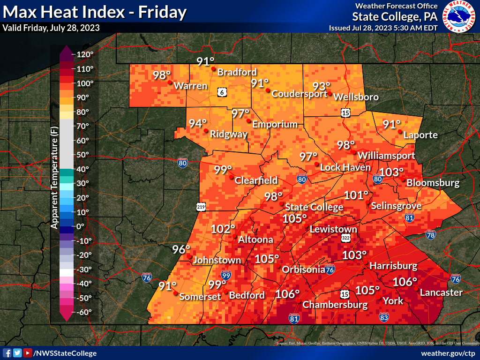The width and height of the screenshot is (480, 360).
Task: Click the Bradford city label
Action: coord(237,72)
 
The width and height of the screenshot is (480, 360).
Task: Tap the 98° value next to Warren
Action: coord(162,75)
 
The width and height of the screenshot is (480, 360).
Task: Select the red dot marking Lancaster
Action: coord(415,289)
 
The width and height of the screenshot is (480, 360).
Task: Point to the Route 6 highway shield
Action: coord(221,92)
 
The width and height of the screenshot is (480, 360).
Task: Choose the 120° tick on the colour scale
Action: coord(85,54)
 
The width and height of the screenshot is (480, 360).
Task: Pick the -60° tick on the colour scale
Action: coord(85,312)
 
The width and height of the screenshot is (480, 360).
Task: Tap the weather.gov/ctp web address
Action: coord(448,353)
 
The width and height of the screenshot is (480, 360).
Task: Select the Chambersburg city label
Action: coord(335,305)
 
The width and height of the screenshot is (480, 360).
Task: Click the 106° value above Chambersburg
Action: coord(287,294)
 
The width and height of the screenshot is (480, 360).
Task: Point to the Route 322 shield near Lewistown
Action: coord(346,239)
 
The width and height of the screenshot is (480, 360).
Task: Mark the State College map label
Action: coord(314,207)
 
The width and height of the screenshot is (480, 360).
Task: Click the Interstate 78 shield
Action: coord(431,235)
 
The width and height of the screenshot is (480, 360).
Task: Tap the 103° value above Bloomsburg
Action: coord(391,172)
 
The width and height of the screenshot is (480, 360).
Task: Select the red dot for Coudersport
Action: coord(268,90)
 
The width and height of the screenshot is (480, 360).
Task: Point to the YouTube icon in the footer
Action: coord(28,353)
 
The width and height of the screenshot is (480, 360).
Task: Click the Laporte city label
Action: coord(421,135)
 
